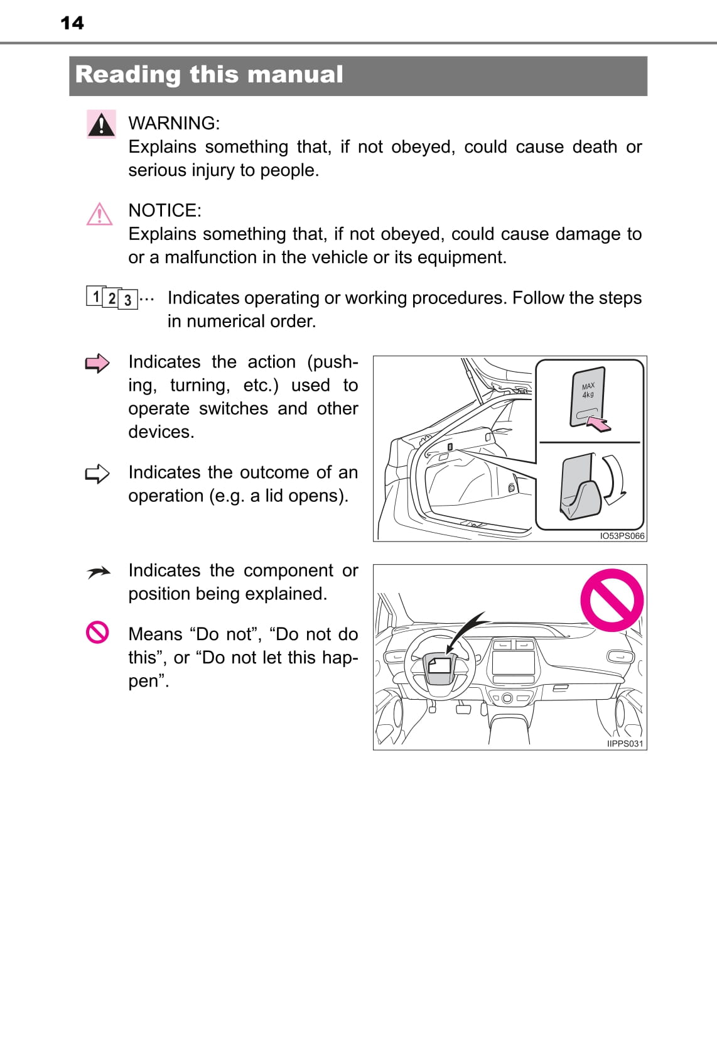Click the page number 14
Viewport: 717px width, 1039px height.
[72, 23]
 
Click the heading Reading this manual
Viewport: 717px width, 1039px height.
[209, 75]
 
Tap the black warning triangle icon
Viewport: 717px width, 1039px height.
[101, 124]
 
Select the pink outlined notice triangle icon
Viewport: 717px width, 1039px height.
[99, 214]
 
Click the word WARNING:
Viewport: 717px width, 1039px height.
[174, 123]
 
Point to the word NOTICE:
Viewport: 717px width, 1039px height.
[164, 210]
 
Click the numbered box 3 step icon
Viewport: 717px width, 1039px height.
[127, 300]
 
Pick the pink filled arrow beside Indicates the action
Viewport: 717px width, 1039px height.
[97, 363]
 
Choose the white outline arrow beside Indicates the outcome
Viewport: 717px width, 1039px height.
[97, 474]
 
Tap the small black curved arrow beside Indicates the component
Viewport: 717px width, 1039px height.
[99, 572]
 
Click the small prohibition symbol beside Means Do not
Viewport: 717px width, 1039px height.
[97, 632]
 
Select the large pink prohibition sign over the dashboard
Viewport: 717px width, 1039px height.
[612, 600]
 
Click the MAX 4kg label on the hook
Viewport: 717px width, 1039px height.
[588, 390]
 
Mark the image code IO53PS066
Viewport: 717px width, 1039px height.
[622, 536]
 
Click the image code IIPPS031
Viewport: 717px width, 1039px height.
[625, 744]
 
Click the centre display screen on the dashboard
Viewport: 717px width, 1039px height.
[513, 663]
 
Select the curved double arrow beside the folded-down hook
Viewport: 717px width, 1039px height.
[613, 479]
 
